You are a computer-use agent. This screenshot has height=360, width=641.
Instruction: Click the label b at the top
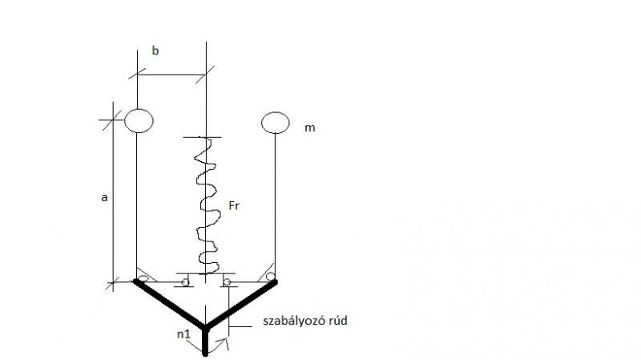click(155, 51)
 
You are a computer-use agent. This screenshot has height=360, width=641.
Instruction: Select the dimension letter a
click(104, 197)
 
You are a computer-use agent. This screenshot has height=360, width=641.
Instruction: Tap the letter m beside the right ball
click(310, 128)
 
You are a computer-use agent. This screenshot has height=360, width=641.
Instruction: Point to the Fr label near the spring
click(234, 205)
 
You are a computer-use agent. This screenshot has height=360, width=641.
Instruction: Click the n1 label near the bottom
click(184, 334)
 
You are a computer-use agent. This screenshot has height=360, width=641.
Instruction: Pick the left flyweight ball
click(139, 121)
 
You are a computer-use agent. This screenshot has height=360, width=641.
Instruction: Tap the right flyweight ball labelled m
click(275, 123)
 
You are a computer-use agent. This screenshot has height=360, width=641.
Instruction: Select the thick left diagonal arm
click(169, 304)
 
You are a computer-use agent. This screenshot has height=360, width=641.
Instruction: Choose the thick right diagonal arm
click(241, 304)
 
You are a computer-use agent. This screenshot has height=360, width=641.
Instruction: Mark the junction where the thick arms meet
click(205, 327)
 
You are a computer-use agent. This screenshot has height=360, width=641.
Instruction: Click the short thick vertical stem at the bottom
click(205, 341)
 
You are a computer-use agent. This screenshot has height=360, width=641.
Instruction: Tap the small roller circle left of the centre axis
click(185, 282)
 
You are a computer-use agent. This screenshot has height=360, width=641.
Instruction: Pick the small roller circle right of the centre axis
click(227, 282)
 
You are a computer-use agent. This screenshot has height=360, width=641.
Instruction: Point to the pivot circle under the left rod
click(143, 278)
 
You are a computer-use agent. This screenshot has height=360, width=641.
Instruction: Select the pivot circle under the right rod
click(270, 277)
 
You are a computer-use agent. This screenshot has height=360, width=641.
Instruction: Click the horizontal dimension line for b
click(171, 75)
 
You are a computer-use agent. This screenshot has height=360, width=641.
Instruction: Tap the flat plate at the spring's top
click(203, 137)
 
